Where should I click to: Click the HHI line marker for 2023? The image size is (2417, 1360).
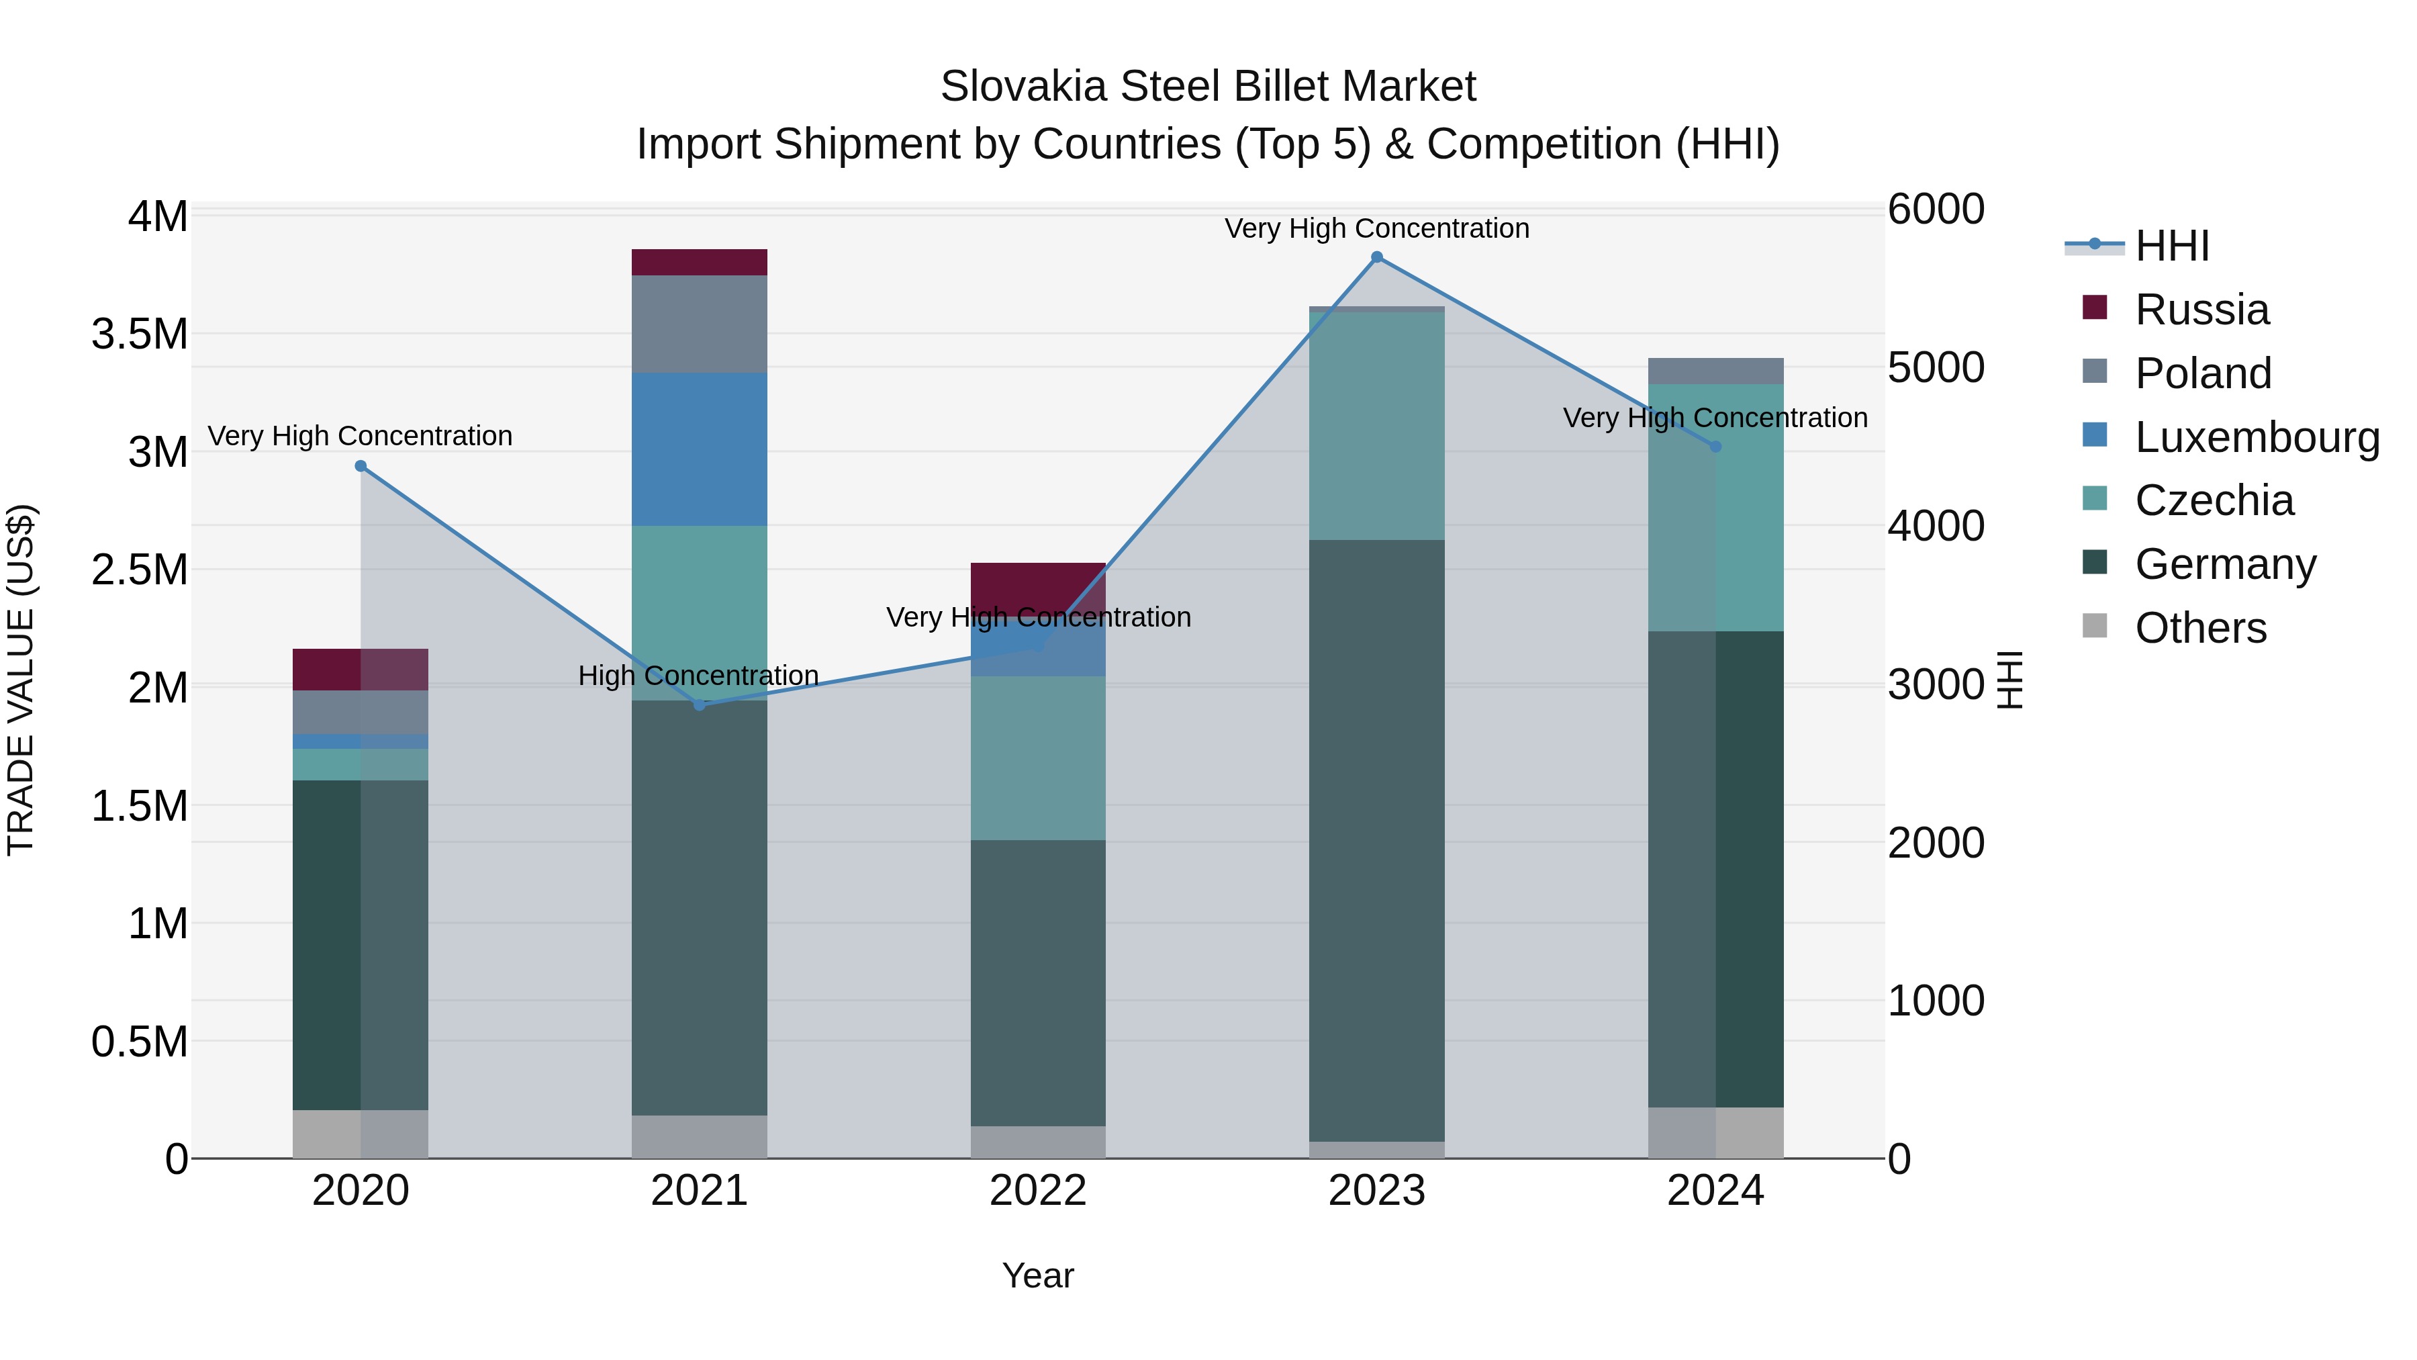[x=1376, y=257]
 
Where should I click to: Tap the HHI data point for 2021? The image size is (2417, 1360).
[x=699, y=704]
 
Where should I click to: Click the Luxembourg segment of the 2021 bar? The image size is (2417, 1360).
[x=699, y=449]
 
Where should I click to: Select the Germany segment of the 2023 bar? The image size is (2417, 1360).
[x=1376, y=840]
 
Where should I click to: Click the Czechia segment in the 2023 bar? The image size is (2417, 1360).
[x=1376, y=425]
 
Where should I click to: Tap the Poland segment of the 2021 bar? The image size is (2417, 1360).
[x=699, y=324]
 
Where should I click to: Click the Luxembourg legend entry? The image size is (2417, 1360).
[x=2256, y=437]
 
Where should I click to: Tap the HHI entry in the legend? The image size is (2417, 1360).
[x=2171, y=246]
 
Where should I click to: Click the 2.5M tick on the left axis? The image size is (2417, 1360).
[x=140, y=570]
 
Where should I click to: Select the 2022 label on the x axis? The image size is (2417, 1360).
[x=1038, y=1191]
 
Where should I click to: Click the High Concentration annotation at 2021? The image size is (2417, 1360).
[x=699, y=676]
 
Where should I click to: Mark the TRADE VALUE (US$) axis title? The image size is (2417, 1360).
[x=21, y=680]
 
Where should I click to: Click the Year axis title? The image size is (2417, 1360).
[x=1038, y=1275]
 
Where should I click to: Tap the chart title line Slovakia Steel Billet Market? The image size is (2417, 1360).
[x=1208, y=87]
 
